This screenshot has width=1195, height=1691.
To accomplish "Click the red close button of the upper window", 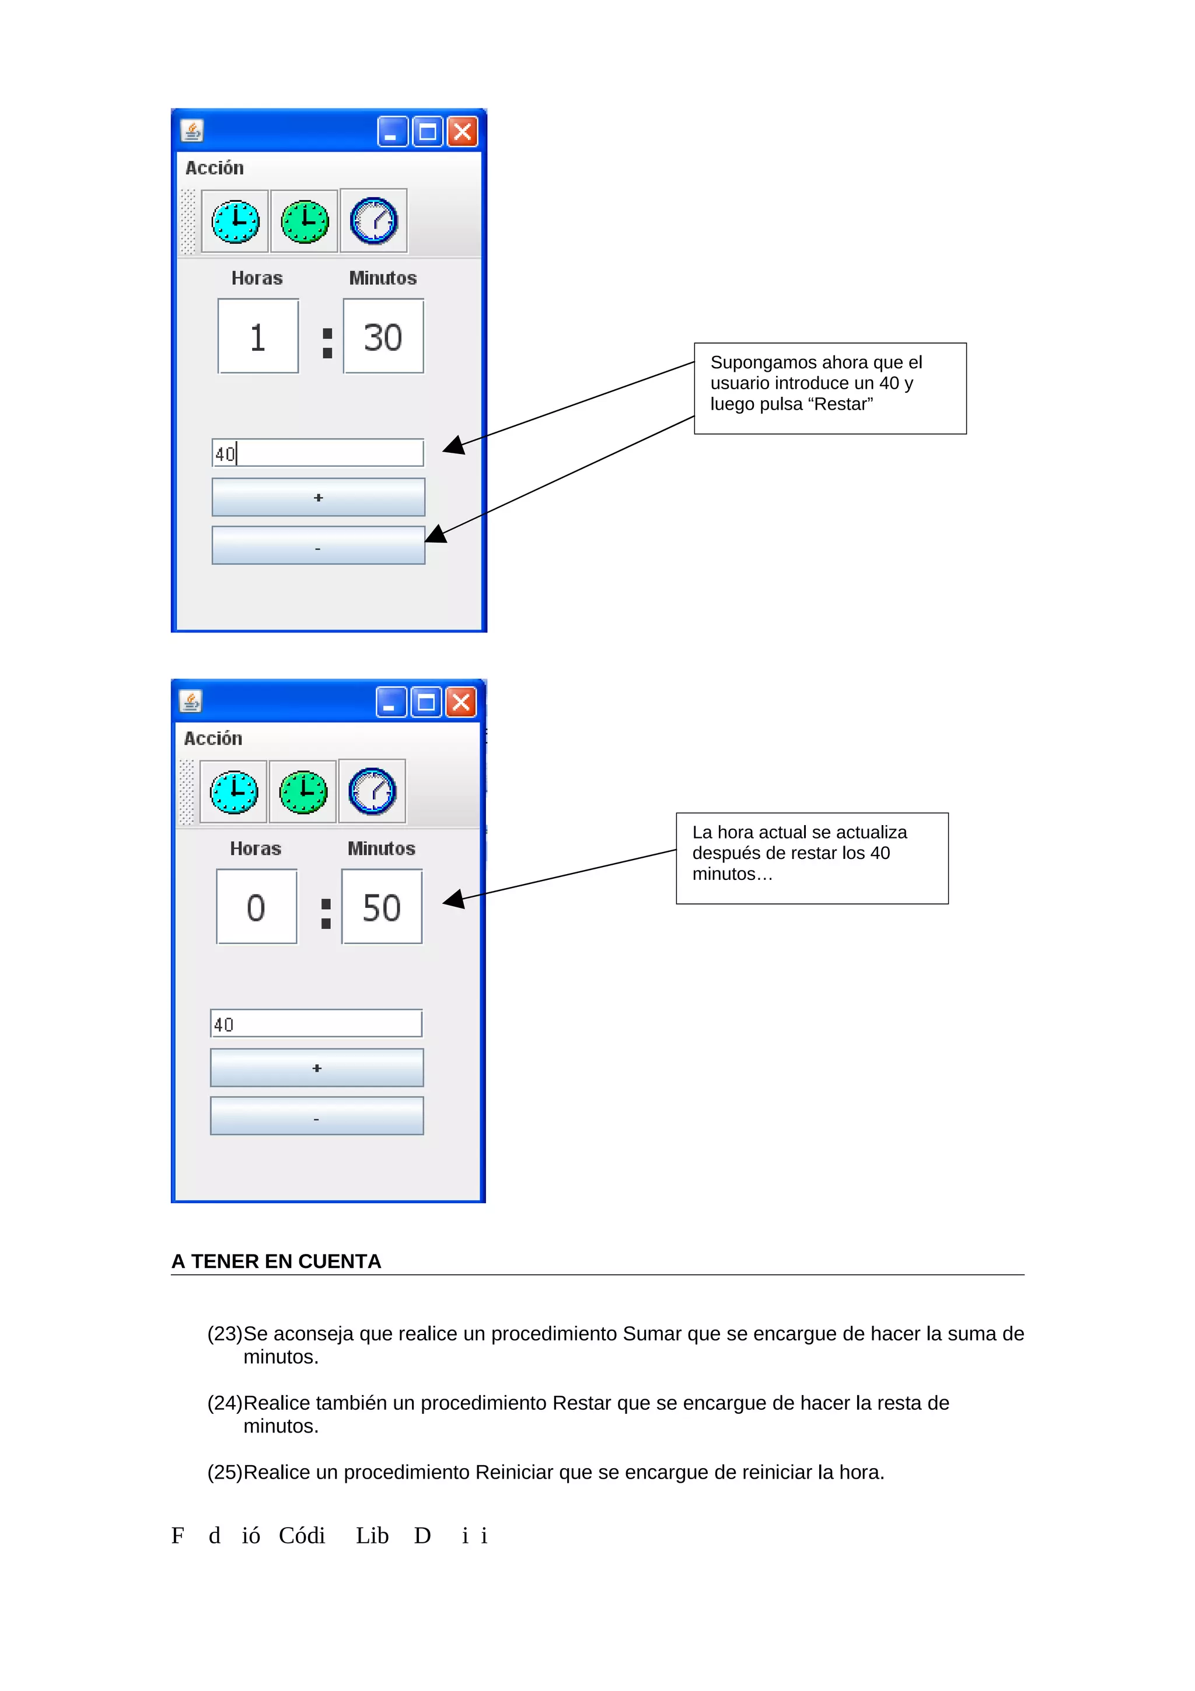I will pos(462,132).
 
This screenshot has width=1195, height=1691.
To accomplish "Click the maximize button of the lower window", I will pos(425,703).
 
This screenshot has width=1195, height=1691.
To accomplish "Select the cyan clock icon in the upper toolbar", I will pos(235,221).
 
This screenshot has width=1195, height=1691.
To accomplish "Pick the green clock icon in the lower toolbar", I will pos(303,792).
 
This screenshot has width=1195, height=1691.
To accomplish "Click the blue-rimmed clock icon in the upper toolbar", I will pos(373,221).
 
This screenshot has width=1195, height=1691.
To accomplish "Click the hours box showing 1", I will pos(258,337).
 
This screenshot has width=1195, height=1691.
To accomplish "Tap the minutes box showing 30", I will pos(383,337).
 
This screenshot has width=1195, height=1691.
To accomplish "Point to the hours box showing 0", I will pos(256,907).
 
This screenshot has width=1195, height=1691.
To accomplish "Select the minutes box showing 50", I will pos(382,907).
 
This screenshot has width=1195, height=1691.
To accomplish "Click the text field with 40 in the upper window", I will pos(317,453).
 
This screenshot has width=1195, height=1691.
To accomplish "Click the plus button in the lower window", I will pos(317,1067).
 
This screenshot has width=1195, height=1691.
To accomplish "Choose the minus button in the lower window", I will pos(317,1116).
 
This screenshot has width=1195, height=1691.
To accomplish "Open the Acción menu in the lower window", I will pos(213,738).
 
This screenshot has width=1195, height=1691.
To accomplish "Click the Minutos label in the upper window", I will pos(382,278).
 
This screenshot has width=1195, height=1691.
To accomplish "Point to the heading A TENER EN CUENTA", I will pos(276,1262).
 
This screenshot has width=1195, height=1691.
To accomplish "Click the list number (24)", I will pos(225,1403).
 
